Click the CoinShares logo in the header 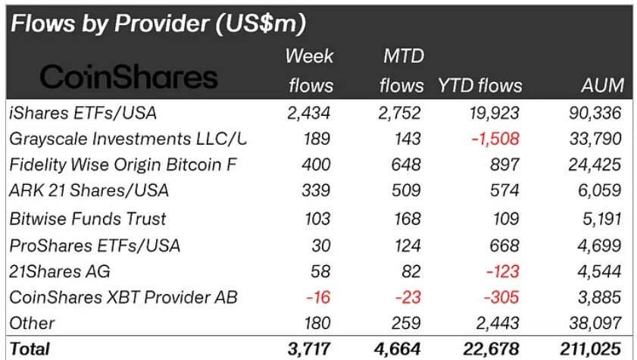pyautogui.click(x=129, y=77)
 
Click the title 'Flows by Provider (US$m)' pyautogui.click(x=158, y=23)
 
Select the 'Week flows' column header pyautogui.click(x=310, y=70)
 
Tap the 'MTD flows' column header pyautogui.click(x=402, y=70)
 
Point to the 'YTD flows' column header pyautogui.click(x=479, y=86)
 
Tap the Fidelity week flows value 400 pyautogui.click(x=317, y=165)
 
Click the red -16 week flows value pyautogui.click(x=320, y=297)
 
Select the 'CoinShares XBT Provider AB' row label pyautogui.click(x=123, y=297)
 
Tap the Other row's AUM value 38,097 pyautogui.click(x=595, y=324)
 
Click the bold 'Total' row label pyautogui.click(x=30, y=349)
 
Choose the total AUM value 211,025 pyautogui.click(x=591, y=349)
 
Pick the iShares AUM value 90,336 pyautogui.click(x=595, y=114)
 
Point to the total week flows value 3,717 pyautogui.click(x=311, y=349)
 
